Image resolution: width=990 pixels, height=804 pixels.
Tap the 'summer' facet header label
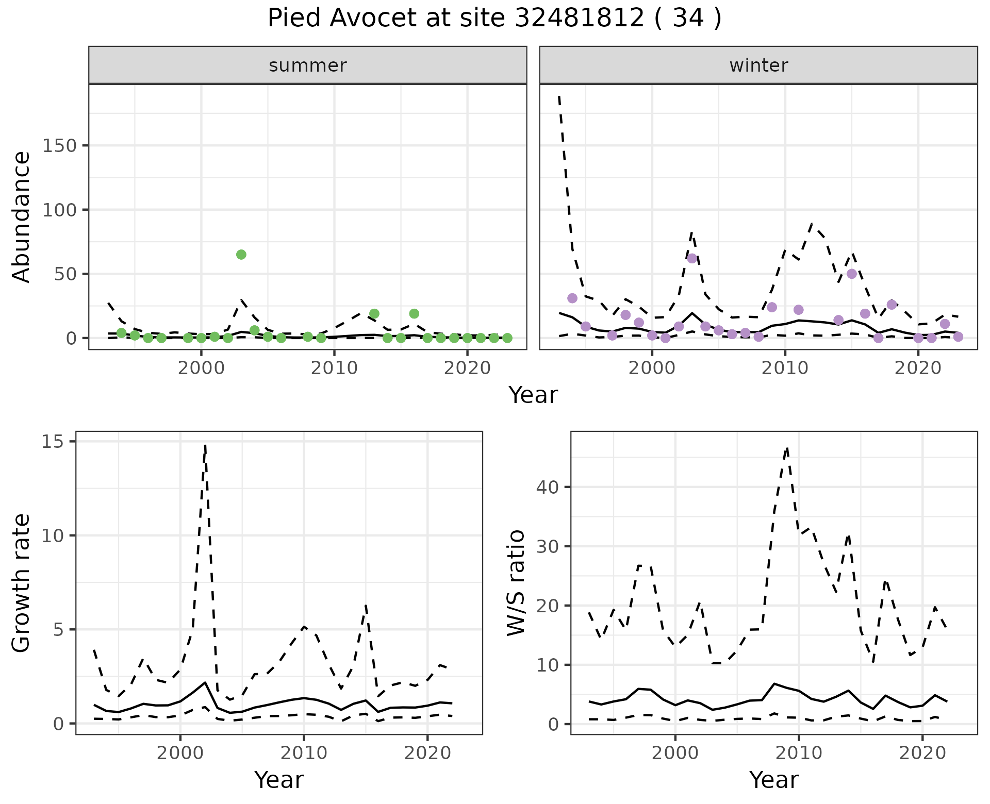pos(308,65)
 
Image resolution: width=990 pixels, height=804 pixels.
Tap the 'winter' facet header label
pos(758,65)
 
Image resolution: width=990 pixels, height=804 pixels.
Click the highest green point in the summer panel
pos(241,255)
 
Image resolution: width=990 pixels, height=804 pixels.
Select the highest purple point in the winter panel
pos(692,258)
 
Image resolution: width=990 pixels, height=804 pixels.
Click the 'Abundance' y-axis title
pos(22,217)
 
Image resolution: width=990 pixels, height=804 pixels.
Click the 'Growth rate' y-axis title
pos(22,583)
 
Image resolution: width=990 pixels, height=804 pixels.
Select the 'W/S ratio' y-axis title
pos(516,583)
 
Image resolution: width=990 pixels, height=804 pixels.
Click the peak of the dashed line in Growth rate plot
pos(205,445)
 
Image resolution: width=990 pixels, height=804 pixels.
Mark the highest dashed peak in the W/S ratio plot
pos(787,448)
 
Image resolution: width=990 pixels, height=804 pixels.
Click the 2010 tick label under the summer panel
pos(334,368)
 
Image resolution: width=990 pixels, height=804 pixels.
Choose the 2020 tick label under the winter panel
pos(918,368)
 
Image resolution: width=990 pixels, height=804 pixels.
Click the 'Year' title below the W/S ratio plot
pos(773,780)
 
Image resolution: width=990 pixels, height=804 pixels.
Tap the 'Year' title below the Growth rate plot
pos(279,780)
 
